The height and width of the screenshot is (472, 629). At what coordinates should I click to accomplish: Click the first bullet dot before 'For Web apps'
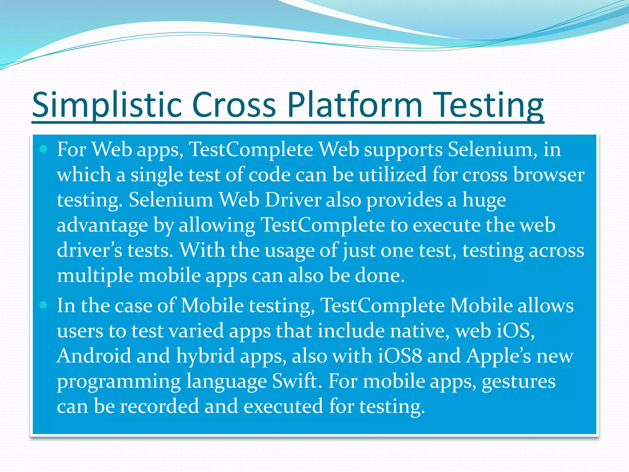(43, 149)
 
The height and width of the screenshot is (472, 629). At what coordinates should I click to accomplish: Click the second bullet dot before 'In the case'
(43, 305)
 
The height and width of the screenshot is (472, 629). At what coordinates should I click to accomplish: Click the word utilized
(393, 175)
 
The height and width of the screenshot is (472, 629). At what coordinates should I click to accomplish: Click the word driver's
(89, 250)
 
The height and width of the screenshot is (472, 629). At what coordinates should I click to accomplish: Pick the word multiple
(95, 276)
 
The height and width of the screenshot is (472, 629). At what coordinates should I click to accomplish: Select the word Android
(94, 356)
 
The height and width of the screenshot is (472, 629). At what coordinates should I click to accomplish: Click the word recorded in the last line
(159, 407)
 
